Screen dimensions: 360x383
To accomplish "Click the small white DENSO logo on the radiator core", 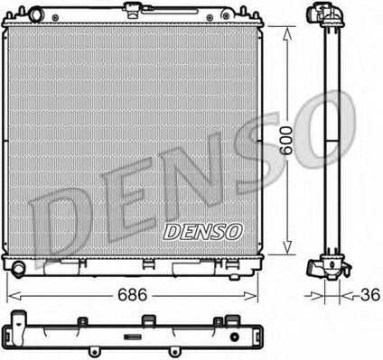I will coord(203,231).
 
